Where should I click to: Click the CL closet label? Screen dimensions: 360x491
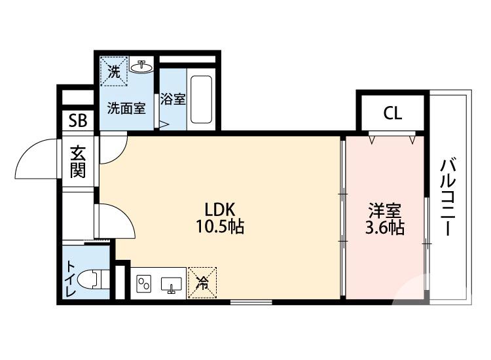[392, 113]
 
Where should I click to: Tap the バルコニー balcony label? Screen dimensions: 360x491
[448, 196]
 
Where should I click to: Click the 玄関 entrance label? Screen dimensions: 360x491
[78, 162]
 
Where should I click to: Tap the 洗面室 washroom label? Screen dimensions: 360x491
[126, 108]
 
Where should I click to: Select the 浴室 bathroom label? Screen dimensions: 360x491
[173, 100]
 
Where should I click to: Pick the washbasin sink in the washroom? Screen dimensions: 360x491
[141, 66]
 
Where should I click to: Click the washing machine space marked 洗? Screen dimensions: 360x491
[113, 71]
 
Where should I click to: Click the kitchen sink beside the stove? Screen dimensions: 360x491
[172, 285]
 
